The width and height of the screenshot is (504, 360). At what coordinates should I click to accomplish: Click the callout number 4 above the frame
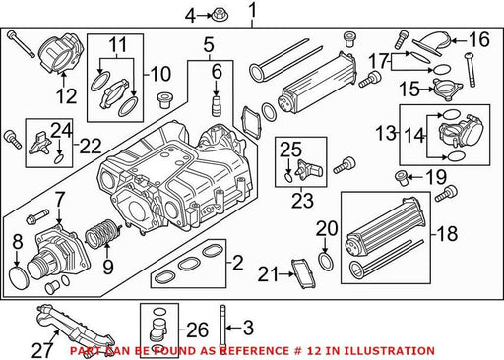190,16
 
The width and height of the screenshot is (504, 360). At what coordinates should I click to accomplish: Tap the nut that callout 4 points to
217,15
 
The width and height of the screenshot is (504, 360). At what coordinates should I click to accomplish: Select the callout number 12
66,95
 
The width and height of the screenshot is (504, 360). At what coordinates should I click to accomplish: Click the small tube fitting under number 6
216,105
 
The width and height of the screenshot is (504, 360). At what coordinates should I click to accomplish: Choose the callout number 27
42,350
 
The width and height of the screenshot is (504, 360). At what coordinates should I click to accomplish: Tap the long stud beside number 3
222,326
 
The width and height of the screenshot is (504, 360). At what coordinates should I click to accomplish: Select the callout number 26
198,330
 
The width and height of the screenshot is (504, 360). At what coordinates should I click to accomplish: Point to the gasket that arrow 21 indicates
303,274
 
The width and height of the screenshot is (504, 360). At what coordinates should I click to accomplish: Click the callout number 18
447,234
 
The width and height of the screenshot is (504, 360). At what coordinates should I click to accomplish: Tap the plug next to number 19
402,178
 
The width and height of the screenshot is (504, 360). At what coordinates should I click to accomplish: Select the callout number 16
479,39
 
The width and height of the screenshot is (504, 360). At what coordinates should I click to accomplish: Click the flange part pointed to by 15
448,89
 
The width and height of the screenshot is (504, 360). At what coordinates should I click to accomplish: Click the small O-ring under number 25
288,177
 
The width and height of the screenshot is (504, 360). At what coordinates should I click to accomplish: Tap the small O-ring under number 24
59,159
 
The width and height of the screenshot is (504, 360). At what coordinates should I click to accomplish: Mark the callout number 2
237,263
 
